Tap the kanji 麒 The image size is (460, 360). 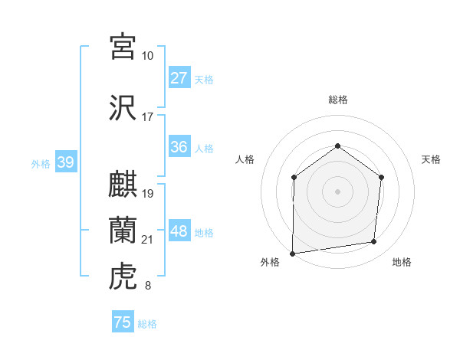123,185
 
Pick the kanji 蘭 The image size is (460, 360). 123,229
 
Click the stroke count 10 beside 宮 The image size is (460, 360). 148,56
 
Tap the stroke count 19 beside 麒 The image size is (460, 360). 148,193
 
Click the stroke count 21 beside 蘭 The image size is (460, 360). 148,240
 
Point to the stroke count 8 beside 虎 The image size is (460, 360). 148,286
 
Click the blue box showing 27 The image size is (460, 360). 179,78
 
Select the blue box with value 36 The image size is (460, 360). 179,148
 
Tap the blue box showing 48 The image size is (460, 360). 179,232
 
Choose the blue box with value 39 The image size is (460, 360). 65,162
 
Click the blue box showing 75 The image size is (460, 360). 123,322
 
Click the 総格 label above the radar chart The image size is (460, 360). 338,100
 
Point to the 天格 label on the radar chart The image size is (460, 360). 432,159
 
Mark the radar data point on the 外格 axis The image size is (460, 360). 292,254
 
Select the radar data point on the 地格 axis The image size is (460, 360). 374,242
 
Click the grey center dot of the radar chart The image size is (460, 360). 337,191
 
